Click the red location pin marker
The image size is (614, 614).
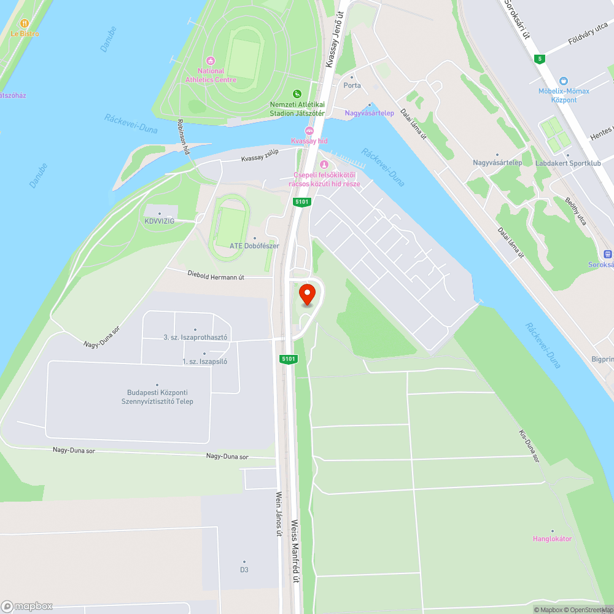point(307,295)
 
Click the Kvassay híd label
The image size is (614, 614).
point(309,141)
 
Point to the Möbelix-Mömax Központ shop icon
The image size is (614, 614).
point(564,81)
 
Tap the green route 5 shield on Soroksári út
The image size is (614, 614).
point(539,59)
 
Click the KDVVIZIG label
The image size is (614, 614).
point(160,221)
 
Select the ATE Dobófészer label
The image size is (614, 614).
point(254,246)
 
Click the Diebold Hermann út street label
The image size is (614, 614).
point(216,277)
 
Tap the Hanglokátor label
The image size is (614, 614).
point(552,538)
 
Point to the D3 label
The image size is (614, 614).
point(244,569)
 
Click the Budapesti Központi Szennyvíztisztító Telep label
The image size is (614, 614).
point(157,397)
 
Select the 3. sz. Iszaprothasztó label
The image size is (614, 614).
point(195,337)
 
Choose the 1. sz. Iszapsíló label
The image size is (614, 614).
point(204,361)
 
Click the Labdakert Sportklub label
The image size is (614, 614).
point(568,163)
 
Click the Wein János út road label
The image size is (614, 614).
point(278,513)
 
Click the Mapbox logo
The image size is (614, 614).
point(27,606)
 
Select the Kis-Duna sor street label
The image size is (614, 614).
point(529,445)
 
